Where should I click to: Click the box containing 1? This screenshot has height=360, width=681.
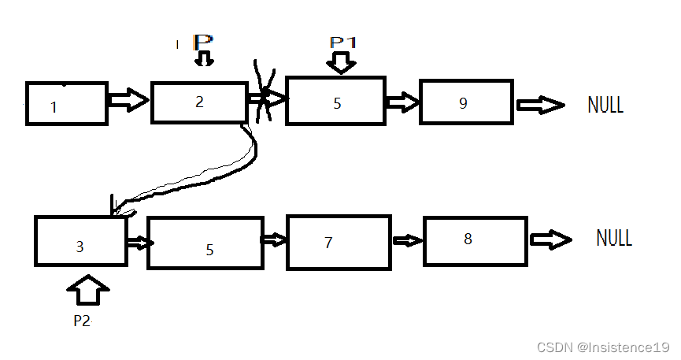click(67, 103)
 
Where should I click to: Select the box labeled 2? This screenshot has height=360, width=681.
click(199, 102)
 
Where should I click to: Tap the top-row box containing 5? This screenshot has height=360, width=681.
click(335, 101)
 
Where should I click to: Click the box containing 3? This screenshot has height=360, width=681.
click(80, 241)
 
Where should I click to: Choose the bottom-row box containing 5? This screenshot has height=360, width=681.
click(205, 243)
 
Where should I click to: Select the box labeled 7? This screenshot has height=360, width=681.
click(339, 242)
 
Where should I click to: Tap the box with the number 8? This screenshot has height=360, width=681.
click(476, 239)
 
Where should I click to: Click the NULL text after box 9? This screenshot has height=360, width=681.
click(605, 105)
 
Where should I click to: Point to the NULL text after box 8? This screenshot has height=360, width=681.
click(614, 238)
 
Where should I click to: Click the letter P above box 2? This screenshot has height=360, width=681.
click(203, 42)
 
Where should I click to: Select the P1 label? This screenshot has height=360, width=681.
click(343, 43)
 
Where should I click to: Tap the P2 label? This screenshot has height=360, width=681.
click(83, 322)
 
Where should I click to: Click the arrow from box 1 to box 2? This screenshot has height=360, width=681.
click(128, 100)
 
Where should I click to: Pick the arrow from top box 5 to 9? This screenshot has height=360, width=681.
click(402, 102)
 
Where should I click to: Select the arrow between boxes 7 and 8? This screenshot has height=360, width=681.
click(407, 241)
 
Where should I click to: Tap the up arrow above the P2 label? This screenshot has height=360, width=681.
click(88, 290)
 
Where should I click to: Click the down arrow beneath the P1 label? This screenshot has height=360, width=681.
click(341, 62)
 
